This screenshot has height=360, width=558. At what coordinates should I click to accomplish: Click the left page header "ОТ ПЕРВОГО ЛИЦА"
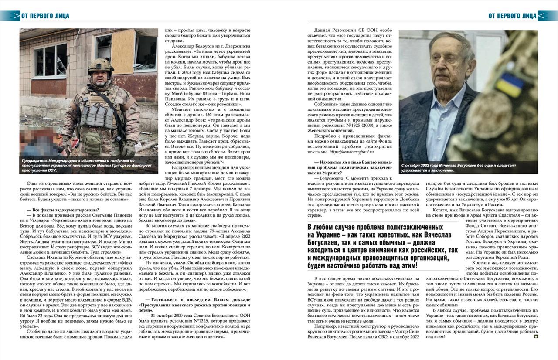[x=45, y=16]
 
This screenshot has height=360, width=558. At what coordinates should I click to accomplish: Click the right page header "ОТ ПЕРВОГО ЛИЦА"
[x=512, y=16]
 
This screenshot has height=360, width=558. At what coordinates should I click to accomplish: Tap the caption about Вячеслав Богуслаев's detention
[x=458, y=168]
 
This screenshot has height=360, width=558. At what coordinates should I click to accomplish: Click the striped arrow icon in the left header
[x=10, y=16]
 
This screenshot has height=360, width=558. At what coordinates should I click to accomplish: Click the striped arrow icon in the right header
[x=548, y=16]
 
